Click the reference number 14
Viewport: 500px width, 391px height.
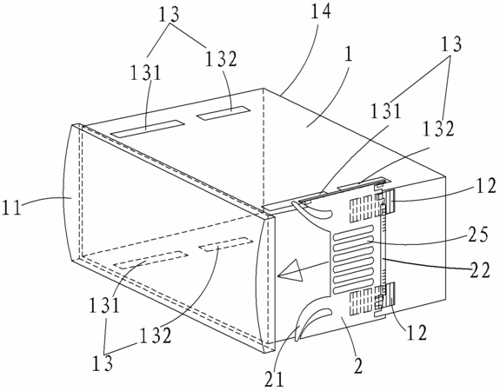pos(320,11)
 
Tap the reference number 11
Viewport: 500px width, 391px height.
pos(11,207)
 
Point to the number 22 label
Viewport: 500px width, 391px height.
pos(479,271)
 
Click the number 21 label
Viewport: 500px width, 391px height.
pos(274,379)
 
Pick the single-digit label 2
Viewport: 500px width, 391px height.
pos(358,366)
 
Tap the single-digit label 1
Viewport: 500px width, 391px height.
pos(349,55)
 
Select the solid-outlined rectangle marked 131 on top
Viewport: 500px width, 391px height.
pos(147,129)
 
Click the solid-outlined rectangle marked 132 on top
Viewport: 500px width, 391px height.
pos(223,113)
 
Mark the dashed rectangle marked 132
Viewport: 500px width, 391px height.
pos(226,244)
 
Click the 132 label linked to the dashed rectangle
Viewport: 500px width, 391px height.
pos(156,336)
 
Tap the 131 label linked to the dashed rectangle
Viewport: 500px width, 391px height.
pos(103,305)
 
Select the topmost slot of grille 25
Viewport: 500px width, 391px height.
pos(353,229)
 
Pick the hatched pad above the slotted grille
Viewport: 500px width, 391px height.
pos(361,209)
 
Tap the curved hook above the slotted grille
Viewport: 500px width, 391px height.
pos(311,214)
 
